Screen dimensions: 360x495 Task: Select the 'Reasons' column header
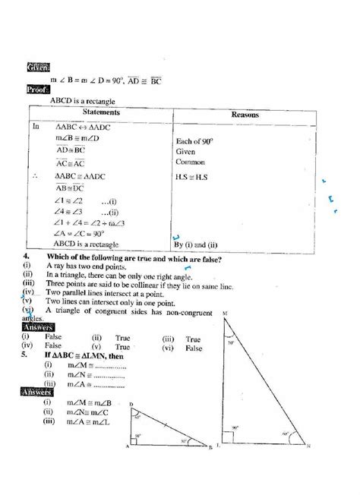pyautogui.click(x=245, y=114)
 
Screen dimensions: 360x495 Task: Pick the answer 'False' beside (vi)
pyautogui.click(x=193, y=348)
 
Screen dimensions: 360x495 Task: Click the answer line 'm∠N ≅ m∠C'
pyautogui.click(x=89, y=410)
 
